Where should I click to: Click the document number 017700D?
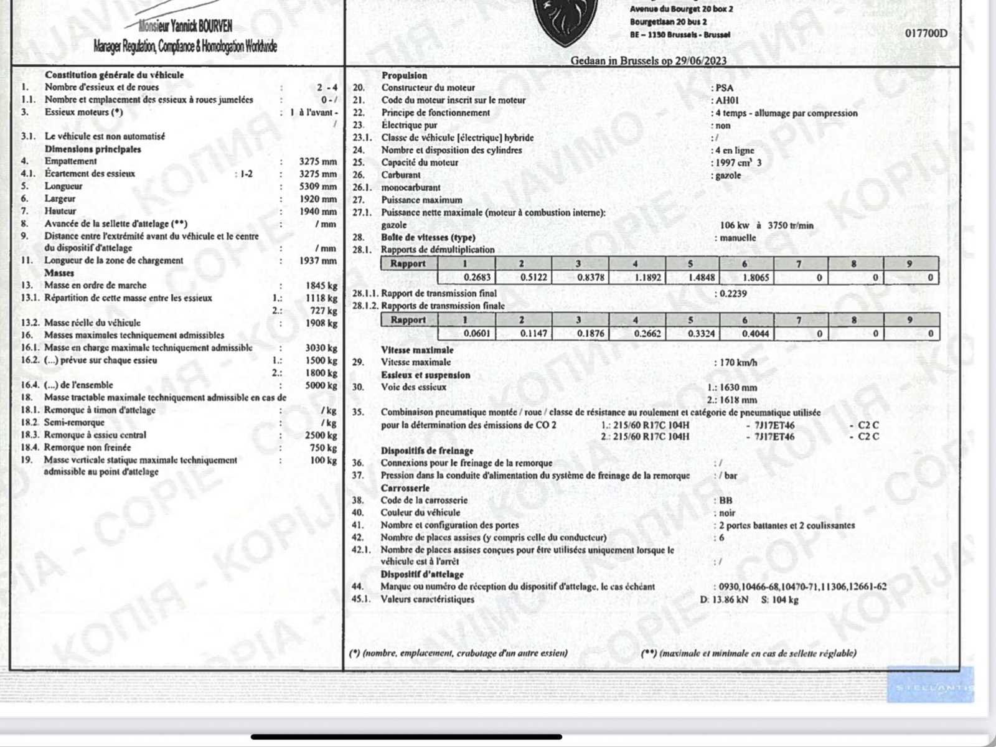[926, 33]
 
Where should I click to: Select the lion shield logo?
[565, 22]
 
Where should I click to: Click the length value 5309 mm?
[317, 186]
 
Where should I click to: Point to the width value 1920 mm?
[317, 199]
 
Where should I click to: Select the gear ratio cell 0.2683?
[477, 277]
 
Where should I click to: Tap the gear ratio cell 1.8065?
[755, 277]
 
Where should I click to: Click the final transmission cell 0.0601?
[477, 334]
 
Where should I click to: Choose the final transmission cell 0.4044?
[755, 334]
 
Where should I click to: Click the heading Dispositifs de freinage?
[427, 450]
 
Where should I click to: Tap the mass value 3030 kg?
[321, 348]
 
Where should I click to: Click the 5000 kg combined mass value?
[321, 385]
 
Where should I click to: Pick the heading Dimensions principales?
[93, 149]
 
